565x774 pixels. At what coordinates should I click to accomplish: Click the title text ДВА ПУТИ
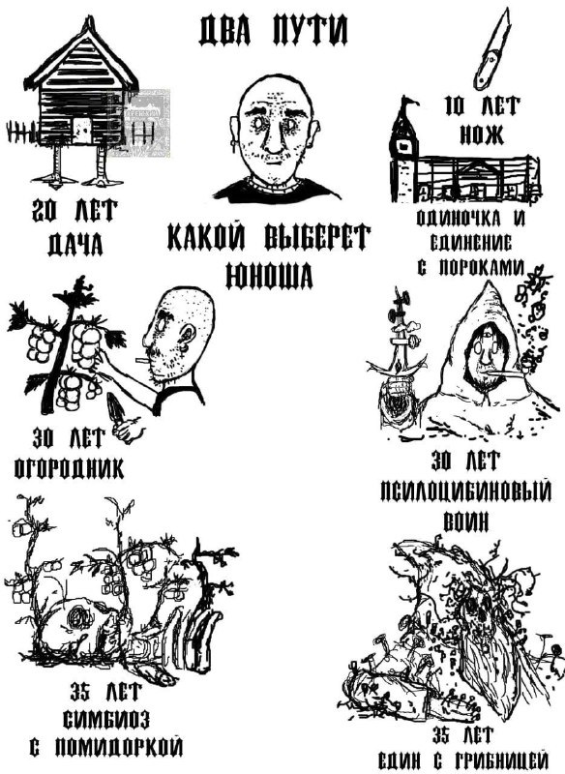tap(274, 30)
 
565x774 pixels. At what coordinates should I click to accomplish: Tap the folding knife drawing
tap(491, 49)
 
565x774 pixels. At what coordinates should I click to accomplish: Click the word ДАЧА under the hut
tap(75, 244)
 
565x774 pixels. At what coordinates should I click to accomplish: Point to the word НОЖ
tap(482, 134)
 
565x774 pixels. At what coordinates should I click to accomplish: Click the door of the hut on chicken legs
tap(82, 131)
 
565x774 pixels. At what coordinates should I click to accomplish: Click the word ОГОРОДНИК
tap(69, 468)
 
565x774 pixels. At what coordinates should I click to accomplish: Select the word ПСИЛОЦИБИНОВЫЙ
tap(465, 491)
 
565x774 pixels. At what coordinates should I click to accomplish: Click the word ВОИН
tap(466, 521)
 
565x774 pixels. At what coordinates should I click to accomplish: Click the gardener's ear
tap(187, 337)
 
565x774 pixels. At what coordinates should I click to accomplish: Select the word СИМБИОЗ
tap(106, 720)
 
